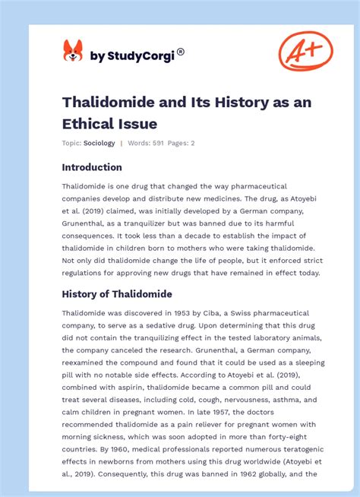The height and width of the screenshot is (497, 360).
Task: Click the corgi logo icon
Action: coord(73,51)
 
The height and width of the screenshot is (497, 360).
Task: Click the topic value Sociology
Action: coord(99,143)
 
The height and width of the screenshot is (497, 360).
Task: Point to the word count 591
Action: coord(158,143)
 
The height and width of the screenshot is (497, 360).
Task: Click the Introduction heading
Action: coord(92,167)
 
